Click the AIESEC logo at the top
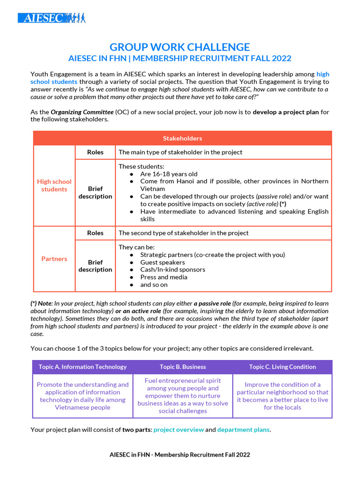point(52,18)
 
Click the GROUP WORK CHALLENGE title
point(180,47)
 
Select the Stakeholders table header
point(182,138)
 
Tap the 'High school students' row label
point(54,185)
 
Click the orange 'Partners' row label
point(54,259)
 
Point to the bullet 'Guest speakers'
point(162,262)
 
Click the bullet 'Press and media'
point(164,277)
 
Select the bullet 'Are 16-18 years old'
point(169,174)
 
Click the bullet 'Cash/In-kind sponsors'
point(172,270)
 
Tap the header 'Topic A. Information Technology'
point(82,367)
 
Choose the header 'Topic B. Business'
point(183,367)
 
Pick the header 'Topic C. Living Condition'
point(282,367)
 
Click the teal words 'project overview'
point(179,429)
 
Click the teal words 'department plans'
point(243,429)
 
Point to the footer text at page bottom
point(180,454)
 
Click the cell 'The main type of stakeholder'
point(180,152)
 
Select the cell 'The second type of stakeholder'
point(183,233)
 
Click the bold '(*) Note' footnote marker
point(42,304)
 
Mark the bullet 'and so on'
point(154,285)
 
